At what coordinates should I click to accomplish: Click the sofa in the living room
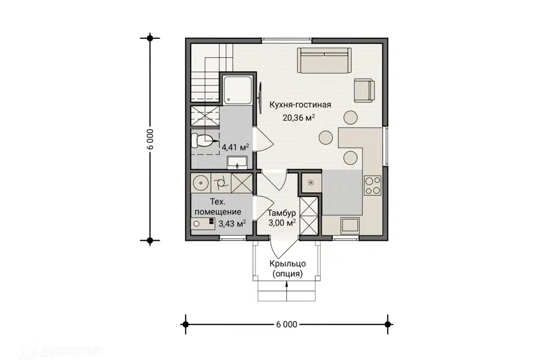click(324, 60)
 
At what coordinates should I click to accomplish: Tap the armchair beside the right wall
click(364, 91)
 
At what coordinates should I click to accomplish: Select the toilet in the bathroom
click(202, 140)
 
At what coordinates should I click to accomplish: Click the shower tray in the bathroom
click(237, 90)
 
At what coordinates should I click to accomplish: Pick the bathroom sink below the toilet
click(237, 162)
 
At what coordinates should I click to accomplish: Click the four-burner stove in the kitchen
click(372, 186)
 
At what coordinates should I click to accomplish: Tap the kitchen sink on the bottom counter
click(350, 226)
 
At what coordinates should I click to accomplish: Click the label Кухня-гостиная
click(300, 105)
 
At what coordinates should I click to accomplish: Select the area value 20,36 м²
click(299, 118)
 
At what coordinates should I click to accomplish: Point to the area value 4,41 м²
click(236, 147)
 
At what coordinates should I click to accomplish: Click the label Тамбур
click(282, 213)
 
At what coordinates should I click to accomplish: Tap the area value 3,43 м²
click(232, 223)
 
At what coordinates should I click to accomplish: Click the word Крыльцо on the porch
click(287, 264)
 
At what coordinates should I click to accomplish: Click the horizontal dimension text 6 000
click(286, 325)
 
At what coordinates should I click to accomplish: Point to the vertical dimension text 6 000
click(150, 139)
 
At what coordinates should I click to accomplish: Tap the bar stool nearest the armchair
click(350, 117)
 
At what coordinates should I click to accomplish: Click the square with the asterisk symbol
click(310, 183)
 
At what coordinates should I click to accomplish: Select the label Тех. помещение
click(218, 206)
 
